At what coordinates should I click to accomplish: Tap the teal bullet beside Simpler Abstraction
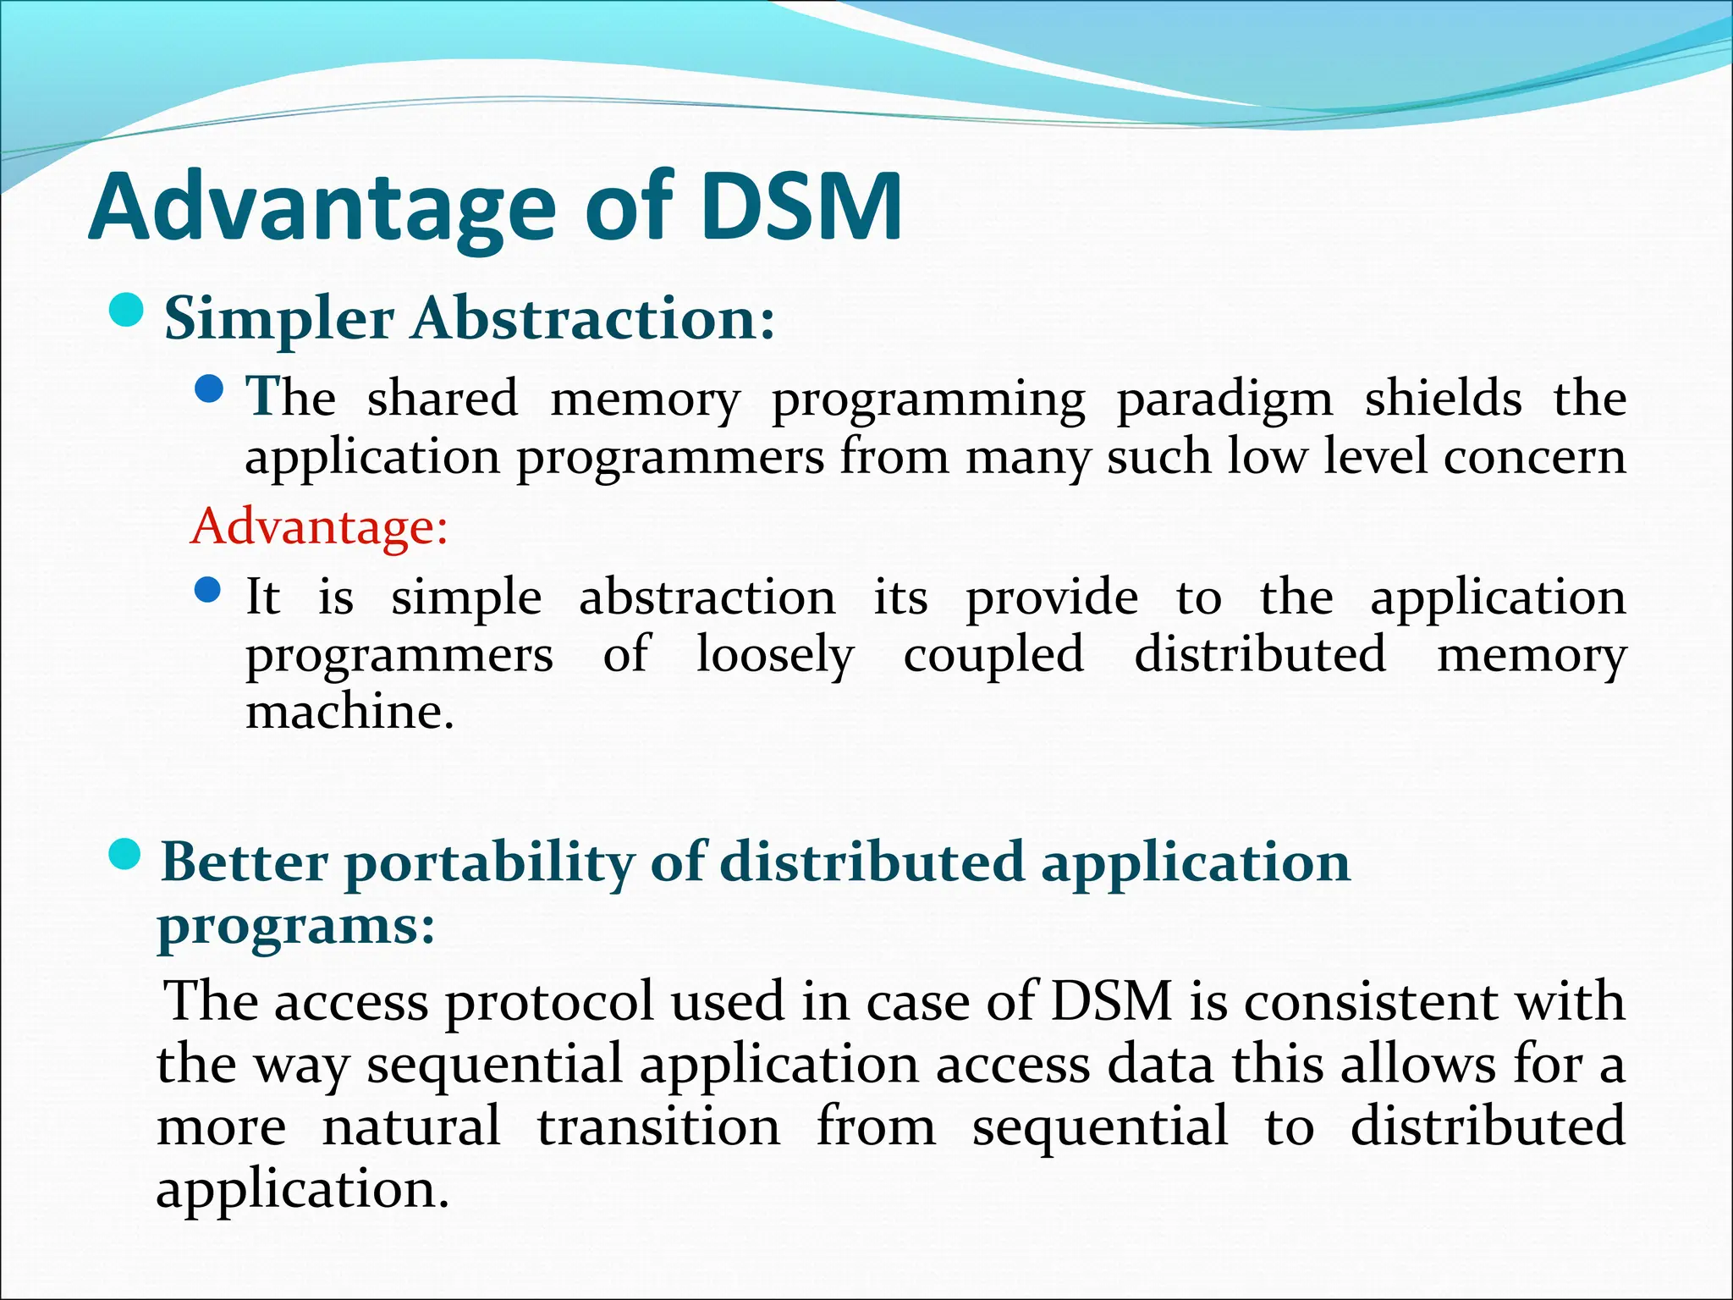[x=127, y=311]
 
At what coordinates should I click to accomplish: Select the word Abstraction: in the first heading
[x=593, y=319]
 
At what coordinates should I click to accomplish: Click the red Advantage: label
[x=319, y=526]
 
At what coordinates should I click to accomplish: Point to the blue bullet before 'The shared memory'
[x=208, y=390]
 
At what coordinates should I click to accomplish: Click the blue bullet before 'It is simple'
[x=208, y=589]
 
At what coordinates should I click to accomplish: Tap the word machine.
[x=349, y=711]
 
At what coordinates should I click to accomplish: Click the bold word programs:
[x=296, y=927]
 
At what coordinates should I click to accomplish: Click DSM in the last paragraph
[x=1111, y=1001]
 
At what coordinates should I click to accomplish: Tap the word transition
[x=658, y=1126]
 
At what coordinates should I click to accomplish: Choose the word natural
[x=411, y=1126]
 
